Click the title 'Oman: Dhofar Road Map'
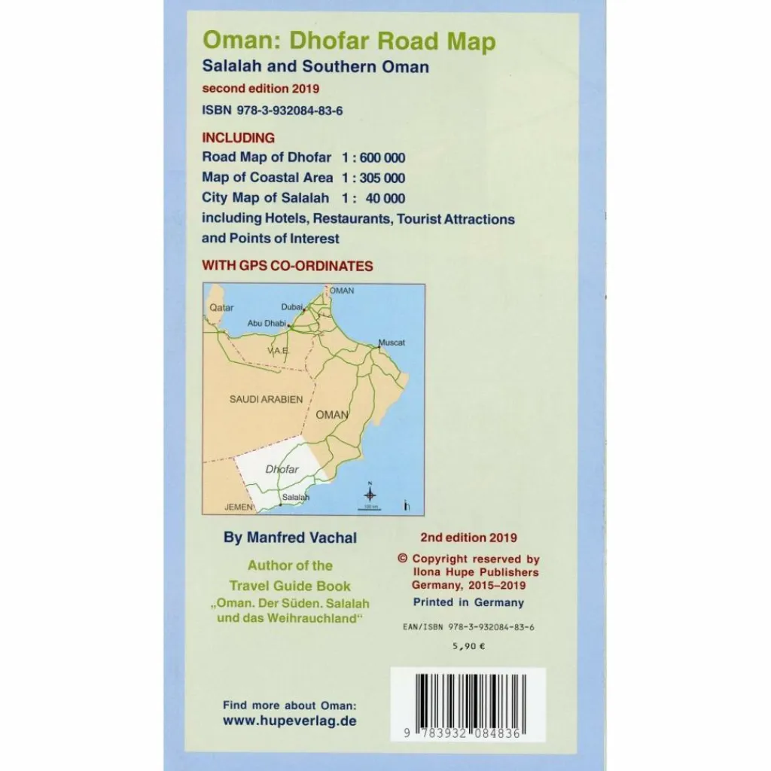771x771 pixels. (x=349, y=42)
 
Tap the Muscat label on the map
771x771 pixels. (x=392, y=343)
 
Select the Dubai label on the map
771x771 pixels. (x=291, y=306)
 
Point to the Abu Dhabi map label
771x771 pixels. (x=267, y=323)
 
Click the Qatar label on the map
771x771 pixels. (x=221, y=307)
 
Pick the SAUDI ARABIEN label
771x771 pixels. (x=266, y=399)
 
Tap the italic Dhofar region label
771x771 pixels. (x=282, y=469)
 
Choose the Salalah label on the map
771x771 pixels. (x=295, y=498)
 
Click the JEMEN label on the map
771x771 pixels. (x=239, y=507)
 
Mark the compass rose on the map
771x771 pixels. (x=370, y=494)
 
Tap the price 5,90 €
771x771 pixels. (x=468, y=645)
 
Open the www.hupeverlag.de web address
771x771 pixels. (x=290, y=721)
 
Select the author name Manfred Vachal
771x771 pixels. (x=291, y=538)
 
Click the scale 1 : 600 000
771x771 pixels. (x=373, y=157)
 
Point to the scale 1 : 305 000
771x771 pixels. (x=373, y=178)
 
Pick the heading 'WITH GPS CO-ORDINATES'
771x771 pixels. (x=288, y=266)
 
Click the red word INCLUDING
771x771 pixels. (x=239, y=138)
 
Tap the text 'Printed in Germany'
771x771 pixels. (x=468, y=602)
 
